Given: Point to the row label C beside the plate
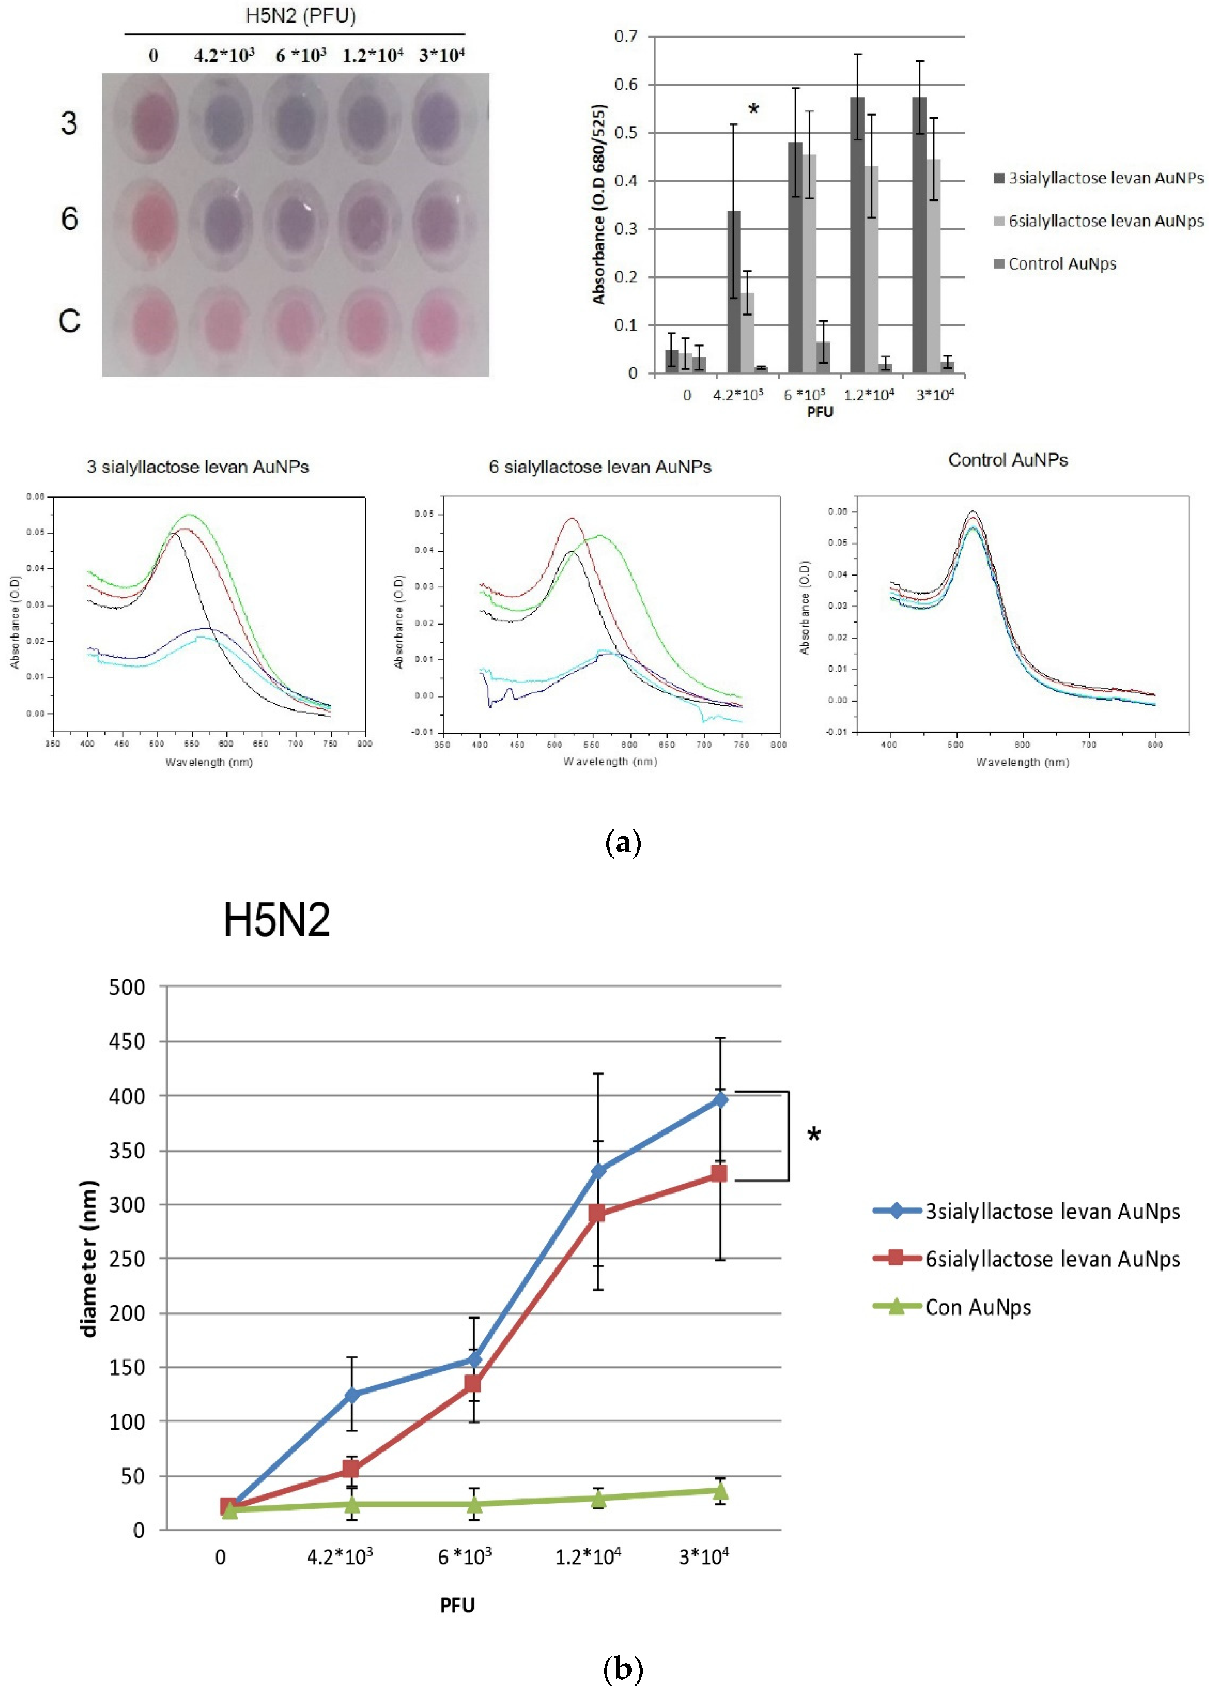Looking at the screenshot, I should pos(69,321).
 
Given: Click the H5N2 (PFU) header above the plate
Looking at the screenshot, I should pos(301,16).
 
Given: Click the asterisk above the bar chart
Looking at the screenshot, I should pos(754,110).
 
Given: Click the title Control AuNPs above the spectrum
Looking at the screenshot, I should pos(1007,460).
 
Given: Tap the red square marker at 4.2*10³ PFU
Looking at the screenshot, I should pos(351,1469).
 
